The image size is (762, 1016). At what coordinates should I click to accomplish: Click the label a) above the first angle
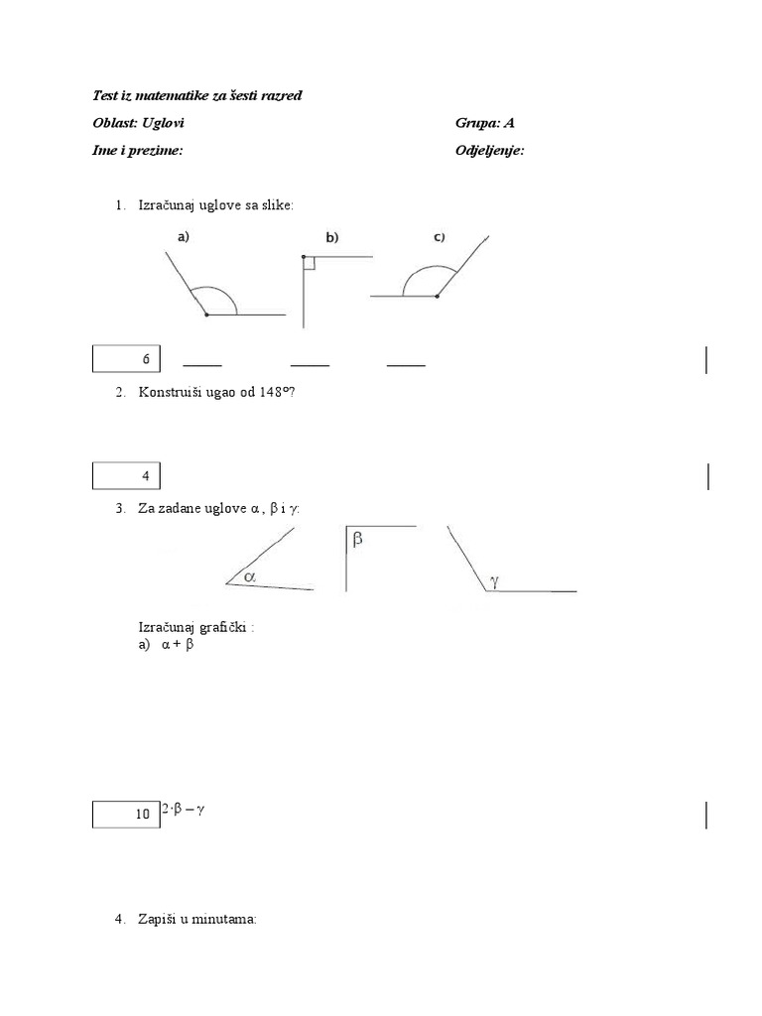[184, 236]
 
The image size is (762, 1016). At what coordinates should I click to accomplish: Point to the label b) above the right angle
[331, 237]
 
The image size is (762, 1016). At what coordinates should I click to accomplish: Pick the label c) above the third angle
[440, 236]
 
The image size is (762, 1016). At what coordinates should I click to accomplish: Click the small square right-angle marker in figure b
[310, 262]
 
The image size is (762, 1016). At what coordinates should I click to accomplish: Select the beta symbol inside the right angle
[358, 540]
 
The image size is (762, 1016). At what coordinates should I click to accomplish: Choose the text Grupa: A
[485, 123]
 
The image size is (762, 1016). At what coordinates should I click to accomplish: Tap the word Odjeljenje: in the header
[490, 150]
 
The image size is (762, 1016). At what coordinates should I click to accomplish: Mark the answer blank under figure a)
[202, 365]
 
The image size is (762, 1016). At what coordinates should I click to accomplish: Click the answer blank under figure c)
[406, 365]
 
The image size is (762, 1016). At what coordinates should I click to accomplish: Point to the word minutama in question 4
[229, 920]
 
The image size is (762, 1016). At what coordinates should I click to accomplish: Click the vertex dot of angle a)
[206, 315]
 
